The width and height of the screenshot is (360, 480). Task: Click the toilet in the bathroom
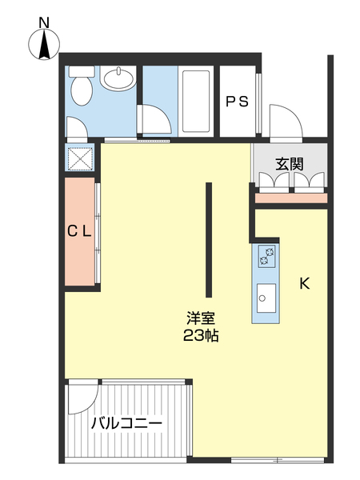[81, 89]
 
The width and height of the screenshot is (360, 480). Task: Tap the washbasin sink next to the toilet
[118, 79]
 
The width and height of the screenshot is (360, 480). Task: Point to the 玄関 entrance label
[290, 164]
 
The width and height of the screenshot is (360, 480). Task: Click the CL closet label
[79, 232]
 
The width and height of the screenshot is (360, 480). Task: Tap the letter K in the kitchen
[304, 283]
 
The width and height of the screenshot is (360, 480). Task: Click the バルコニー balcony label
[126, 423]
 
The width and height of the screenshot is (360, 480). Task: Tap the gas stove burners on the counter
[266, 256]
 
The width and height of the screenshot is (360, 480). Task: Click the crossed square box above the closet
[81, 158]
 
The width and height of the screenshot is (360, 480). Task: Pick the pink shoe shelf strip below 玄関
[290, 198]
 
